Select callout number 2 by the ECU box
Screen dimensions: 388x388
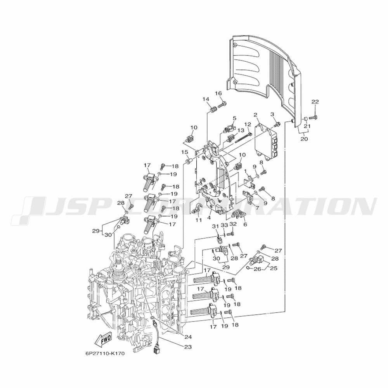point(256,114)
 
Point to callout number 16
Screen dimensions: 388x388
point(218,93)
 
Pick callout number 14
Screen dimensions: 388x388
point(206,99)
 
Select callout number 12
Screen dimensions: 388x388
point(248,124)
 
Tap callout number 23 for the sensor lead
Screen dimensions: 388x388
point(188,346)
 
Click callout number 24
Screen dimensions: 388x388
point(188,337)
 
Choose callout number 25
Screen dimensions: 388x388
point(274,268)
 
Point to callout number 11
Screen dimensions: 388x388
point(199,220)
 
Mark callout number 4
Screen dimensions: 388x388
point(209,218)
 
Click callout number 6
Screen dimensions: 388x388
point(245,225)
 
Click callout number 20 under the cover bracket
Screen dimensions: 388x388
point(304,139)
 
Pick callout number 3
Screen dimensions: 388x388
point(272,114)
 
